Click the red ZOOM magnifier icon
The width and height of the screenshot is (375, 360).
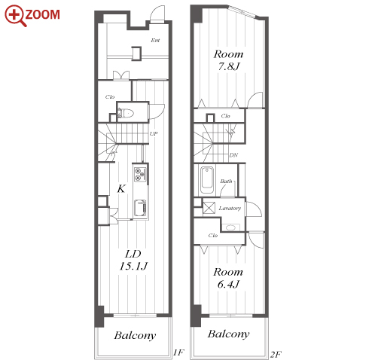click(16, 16)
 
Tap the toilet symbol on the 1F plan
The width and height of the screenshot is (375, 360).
click(126, 113)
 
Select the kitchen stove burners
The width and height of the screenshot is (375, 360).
click(140, 174)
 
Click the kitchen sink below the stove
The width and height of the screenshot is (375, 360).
click(140, 208)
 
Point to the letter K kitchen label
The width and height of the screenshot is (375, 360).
click(121, 188)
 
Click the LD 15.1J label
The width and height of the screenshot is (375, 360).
click(133, 260)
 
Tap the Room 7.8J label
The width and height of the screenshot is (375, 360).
click(228, 60)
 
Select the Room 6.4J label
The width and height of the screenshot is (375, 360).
click(228, 278)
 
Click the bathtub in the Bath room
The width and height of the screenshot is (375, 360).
click(207, 179)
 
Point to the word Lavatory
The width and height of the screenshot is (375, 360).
click(230, 209)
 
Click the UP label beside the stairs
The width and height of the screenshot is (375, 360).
click(154, 134)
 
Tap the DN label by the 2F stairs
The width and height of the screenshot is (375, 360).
click(233, 155)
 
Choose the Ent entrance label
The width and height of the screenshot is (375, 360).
click(155, 40)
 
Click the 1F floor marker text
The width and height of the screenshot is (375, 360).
click(178, 352)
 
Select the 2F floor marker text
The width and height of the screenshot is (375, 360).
click(276, 354)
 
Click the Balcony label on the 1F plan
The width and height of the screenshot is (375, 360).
click(135, 336)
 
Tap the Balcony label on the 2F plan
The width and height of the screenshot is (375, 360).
click(228, 334)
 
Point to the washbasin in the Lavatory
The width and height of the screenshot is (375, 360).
click(230, 227)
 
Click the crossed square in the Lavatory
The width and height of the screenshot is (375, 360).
click(209, 208)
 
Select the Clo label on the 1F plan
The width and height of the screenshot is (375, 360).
click(110, 97)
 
